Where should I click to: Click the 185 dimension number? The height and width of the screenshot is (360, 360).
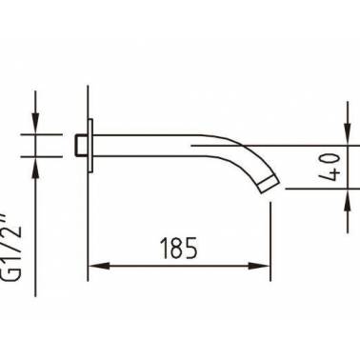(x=179, y=248)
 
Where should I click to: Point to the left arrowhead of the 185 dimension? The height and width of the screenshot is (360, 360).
(x=99, y=266)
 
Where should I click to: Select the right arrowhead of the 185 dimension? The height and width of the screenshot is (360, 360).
(x=259, y=266)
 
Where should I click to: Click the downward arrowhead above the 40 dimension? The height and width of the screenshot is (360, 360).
(x=348, y=134)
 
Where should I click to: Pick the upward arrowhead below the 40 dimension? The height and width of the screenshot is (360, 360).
(x=348, y=200)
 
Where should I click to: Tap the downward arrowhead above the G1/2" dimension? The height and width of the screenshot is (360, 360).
(x=35, y=123)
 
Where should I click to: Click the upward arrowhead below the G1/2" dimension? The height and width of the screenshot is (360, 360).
(x=35, y=168)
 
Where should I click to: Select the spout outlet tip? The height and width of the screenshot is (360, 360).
(x=270, y=185)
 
